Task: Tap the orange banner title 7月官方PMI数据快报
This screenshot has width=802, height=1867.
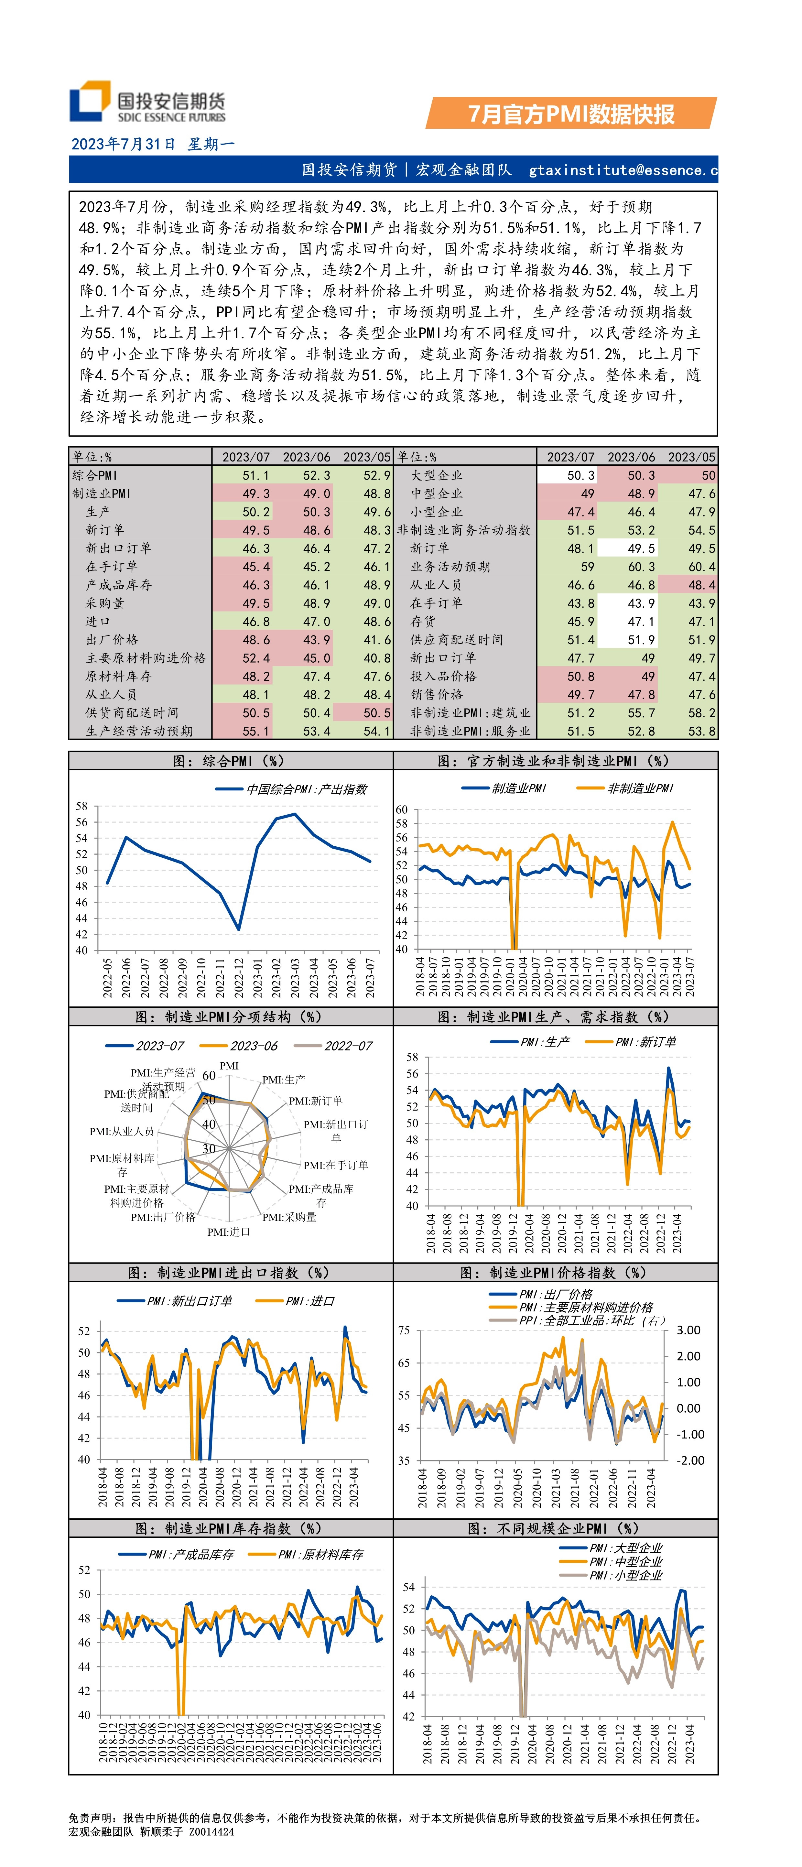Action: [x=571, y=114]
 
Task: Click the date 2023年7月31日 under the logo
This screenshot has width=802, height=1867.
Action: [x=123, y=144]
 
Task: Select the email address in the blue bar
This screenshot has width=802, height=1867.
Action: [x=623, y=170]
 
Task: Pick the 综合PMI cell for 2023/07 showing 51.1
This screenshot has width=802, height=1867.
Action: [x=255, y=475]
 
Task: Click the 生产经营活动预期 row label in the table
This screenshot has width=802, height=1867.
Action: [x=139, y=731]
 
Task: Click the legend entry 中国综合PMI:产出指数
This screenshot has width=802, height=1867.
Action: [x=306, y=789]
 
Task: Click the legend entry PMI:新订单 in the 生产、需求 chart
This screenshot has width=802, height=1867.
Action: [x=645, y=1042]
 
